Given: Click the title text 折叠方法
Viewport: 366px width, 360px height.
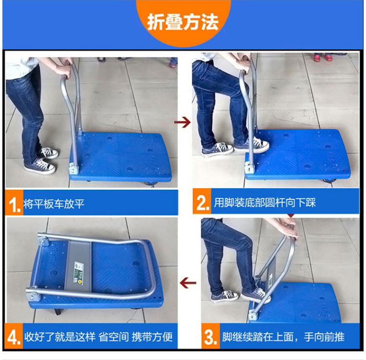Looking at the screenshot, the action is point(183,22).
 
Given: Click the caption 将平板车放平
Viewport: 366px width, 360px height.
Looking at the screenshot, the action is point(54,204).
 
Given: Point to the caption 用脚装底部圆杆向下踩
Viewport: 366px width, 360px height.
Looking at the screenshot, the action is point(264,202).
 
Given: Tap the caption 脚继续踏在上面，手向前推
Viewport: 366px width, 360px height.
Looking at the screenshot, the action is point(283,337).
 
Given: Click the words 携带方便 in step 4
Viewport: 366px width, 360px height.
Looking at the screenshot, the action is point(152,337).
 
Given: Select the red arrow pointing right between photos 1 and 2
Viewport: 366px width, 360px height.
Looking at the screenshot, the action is point(183,122).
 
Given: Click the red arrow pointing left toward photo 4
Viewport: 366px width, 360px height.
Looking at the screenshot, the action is point(188,283).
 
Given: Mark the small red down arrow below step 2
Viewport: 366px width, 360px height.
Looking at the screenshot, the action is point(291,216).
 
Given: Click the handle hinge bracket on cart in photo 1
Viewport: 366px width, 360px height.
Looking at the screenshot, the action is point(74,168).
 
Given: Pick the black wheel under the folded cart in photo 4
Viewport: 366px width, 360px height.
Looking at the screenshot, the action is point(58,312).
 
